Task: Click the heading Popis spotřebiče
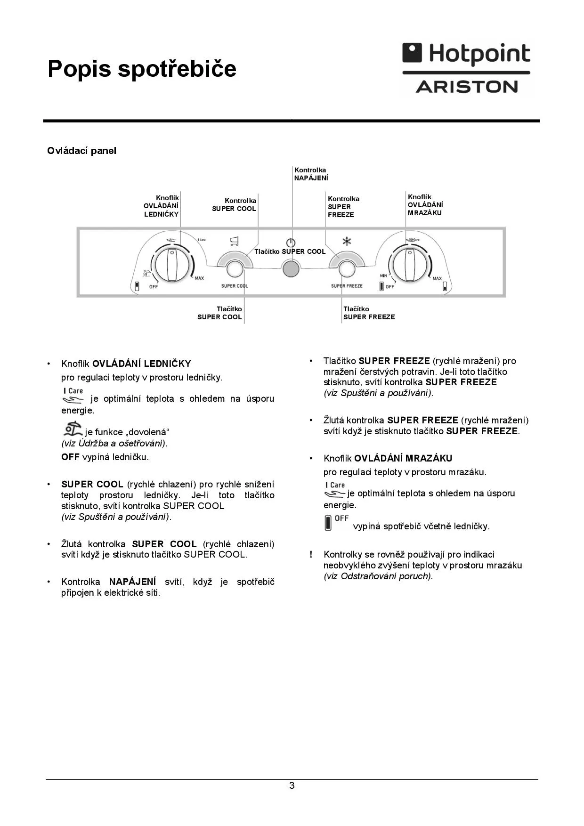coord(142,69)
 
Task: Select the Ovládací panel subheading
coord(81,151)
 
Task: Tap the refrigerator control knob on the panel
coord(172,266)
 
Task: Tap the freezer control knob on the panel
coord(410,266)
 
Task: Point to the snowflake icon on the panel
coord(347,242)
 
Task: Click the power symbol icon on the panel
coord(291,243)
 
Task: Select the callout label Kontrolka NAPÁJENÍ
coord(311,174)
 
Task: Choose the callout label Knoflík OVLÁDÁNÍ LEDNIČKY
coord(162,206)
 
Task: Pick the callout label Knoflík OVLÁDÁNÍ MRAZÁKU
coord(425,205)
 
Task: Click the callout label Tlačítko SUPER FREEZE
coord(369,313)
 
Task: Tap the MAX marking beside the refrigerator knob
coord(199,278)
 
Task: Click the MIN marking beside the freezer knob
coord(383,275)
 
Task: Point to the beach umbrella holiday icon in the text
coord(73,429)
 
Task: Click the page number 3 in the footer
coord(292,786)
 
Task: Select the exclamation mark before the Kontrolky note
coord(311,555)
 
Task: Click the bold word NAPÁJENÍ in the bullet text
coord(132,582)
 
